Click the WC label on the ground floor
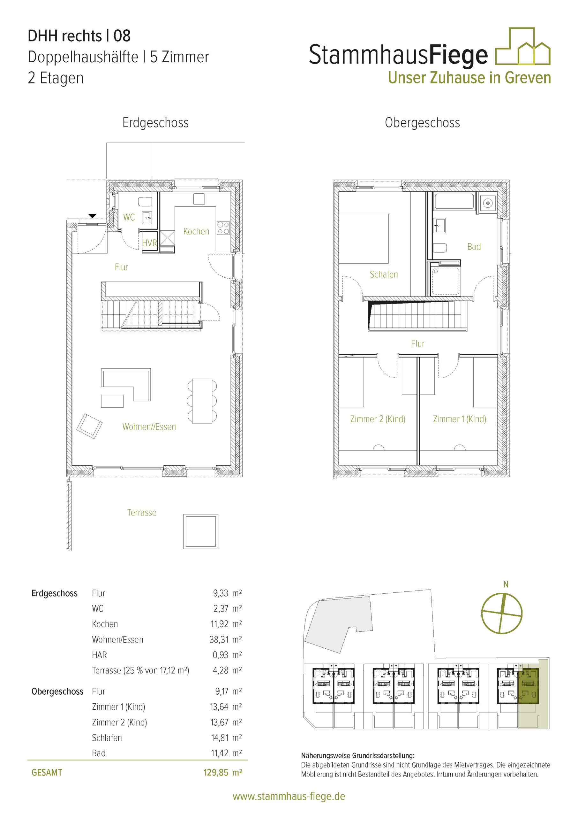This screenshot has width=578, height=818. tap(129, 217)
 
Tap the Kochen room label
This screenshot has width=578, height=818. tap(196, 231)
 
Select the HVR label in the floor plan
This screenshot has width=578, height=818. tap(149, 243)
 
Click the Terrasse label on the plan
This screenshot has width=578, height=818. tap(142, 512)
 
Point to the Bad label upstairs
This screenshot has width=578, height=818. tap(474, 247)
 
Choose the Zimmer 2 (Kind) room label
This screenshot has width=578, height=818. tap(378, 419)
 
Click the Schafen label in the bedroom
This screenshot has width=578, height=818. tap(384, 274)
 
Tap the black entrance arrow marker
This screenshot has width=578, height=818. tap(93, 216)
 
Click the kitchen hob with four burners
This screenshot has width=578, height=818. tap(223, 228)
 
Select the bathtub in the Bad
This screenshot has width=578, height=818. tap(454, 201)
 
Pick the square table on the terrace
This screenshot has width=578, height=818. tap(201, 531)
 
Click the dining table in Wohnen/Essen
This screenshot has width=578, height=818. tap(202, 401)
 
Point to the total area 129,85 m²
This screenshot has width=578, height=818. tap(223, 772)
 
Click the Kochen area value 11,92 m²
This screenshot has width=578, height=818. tap(226, 624)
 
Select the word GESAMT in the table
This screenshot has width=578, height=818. tap(47, 772)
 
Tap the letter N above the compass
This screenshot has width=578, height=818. tap(506, 584)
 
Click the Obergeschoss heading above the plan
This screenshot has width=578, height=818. tap(423, 123)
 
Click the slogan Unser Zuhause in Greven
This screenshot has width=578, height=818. tap(469, 78)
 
